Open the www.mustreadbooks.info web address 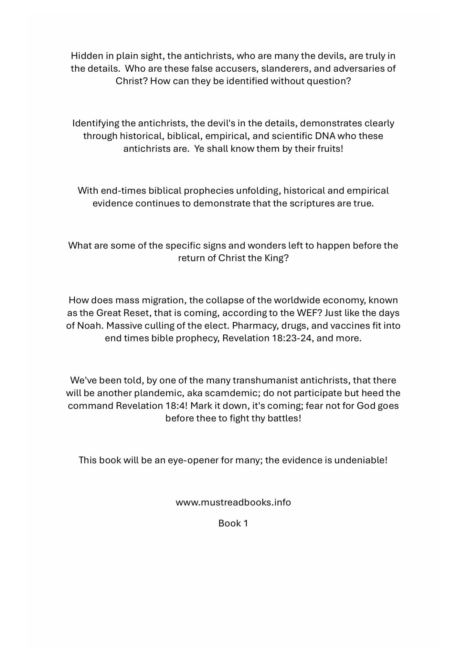233,503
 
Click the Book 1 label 233,523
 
